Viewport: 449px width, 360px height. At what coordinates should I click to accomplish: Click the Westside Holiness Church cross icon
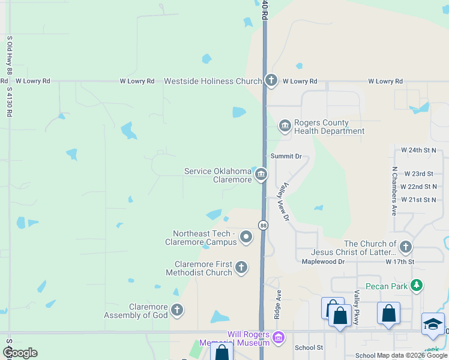pyautogui.click(x=271, y=80)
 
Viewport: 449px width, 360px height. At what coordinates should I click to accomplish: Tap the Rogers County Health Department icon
pyautogui.click(x=285, y=125)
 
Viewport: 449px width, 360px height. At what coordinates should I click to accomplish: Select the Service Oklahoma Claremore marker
pyautogui.click(x=261, y=175)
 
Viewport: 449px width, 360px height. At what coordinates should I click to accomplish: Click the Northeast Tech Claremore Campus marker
pyautogui.click(x=246, y=237)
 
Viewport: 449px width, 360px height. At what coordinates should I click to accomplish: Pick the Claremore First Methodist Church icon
pyautogui.click(x=241, y=268)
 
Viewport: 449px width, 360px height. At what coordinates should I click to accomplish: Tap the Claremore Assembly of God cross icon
pyautogui.click(x=176, y=310)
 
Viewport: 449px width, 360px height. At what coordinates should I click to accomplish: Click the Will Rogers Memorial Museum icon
pyautogui.click(x=277, y=338)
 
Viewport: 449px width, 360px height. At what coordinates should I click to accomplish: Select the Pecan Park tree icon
pyautogui.click(x=415, y=286)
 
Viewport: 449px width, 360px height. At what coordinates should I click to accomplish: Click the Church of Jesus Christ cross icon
pyautogui.click(x=406, y=247)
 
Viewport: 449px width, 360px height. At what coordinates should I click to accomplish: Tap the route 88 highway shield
pyautogui.click(x=263, y=225)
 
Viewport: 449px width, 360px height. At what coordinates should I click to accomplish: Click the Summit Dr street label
pyautogui.click(x=286, y=156)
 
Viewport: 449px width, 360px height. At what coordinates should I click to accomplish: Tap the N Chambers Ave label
pyautogui.click(x=394, y=191)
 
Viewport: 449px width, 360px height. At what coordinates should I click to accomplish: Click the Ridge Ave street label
pyautogui.click(x=279, y=305)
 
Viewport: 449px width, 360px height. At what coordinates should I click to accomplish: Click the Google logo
pyautogui.click(x=20, y=353)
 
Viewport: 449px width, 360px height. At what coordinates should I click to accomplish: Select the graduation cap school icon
pyautogui.click(x=433, y=324)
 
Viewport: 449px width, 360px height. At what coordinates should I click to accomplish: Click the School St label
pyautogui.click(x=309, y=347)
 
